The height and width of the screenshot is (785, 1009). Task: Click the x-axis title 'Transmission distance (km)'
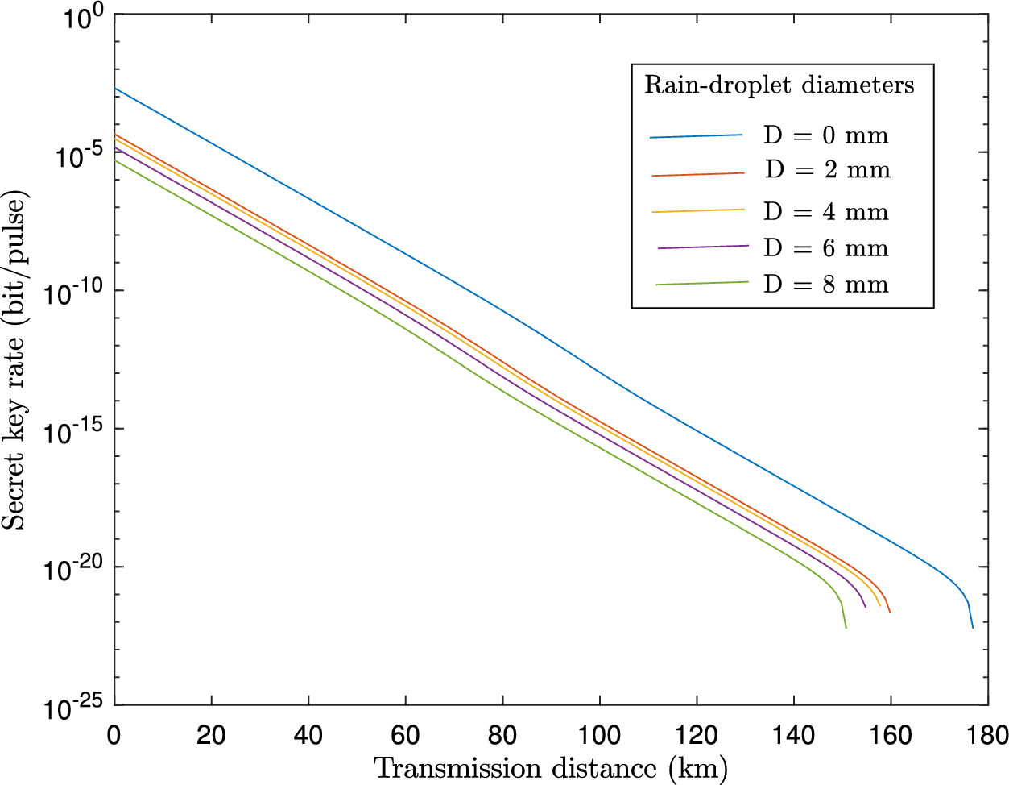click(x=551, y=768)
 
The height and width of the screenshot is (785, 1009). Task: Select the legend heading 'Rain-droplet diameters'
click(x=779, y=85)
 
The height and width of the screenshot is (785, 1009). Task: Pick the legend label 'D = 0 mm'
click(x=825, y=135)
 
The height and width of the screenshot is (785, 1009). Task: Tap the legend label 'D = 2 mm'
click(x=827, y=170)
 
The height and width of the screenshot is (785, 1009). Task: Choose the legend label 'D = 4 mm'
click(x=825, y=212)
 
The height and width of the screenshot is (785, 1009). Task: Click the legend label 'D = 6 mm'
click(x=825, y=248)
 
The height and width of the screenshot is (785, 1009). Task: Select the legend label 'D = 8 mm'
click(x=825, y=285)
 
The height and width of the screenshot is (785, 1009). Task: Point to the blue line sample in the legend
click(x=696, y=136)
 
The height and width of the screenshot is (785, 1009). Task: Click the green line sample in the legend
click(x=701, y=283)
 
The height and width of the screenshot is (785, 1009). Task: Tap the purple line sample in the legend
click(x=703, y=247)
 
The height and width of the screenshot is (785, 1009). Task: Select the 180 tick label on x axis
click(x=987, y=735)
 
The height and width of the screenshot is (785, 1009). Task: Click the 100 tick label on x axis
click(x=599, y=735)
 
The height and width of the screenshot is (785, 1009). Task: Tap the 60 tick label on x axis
click(x=405, y=735)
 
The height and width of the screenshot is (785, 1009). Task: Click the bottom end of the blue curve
click(x=973, y=627)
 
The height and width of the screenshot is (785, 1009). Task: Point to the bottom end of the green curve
click(x=846, y=627)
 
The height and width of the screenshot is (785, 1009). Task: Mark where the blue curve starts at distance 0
click(x=115, y=89)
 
